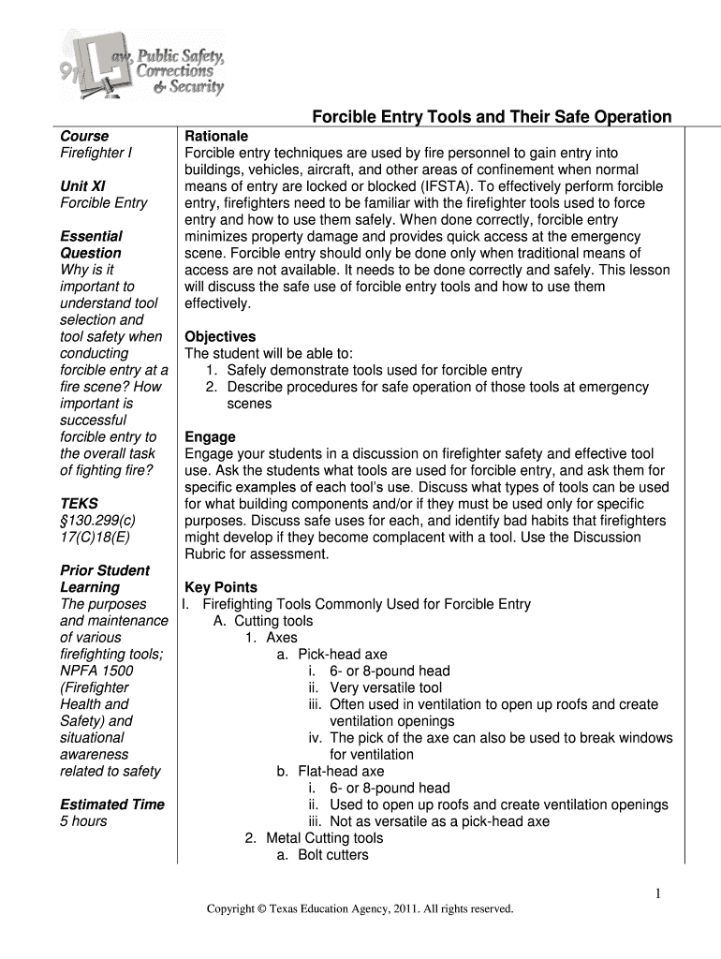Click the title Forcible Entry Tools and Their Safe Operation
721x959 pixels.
tap(491, 117)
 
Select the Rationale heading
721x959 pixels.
tap(216, 136)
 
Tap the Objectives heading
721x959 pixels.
tap(220, 336)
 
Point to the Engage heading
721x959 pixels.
tap(210, 437)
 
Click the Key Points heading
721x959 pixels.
tap(221, 587)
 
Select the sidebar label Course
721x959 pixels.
tap(84, 136)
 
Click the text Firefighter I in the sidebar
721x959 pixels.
tap(96, 153)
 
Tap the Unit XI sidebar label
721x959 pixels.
tap(82, 185)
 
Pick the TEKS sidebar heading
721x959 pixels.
tap(79, 504)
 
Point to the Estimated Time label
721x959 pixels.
tap(111, 804)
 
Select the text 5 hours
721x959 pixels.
tap(83, 821)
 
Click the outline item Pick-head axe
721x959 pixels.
tap(342, 655)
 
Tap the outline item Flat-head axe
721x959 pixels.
tap(341, 772)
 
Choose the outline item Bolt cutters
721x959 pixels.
tap(332, 855)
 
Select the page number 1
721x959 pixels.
tap(658, 894)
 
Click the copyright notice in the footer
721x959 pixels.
tap(360, 908)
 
